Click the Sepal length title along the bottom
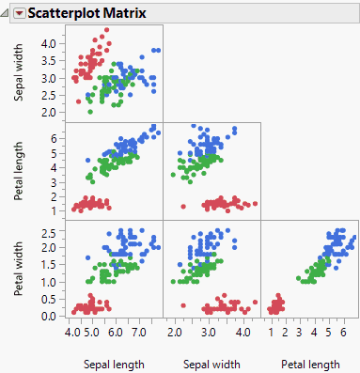(114, 364)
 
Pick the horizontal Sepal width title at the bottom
(211, 364)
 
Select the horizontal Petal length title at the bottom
(310, 364)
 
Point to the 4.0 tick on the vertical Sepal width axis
(50, 43)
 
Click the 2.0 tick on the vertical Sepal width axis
(50, 112)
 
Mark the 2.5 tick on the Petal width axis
(50, 230)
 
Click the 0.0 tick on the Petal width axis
(50, 316)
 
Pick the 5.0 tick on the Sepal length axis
(92, 332)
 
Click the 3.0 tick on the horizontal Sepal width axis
(209, 332)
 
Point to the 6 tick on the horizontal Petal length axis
(342, 332)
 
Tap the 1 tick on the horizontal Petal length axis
(271, 332)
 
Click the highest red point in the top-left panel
(106, 30)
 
